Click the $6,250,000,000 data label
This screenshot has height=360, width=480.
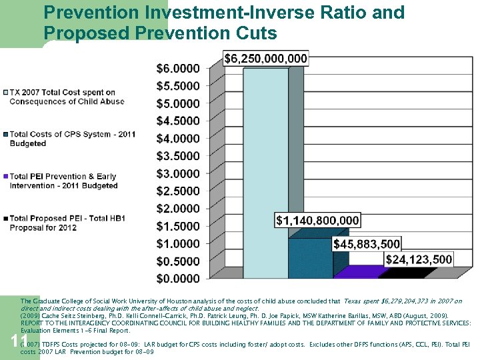(x=265, y=59)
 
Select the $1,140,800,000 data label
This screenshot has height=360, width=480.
(x=317, y=220)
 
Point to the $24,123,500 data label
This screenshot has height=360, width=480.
(x=419, y=259)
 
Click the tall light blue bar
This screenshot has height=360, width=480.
(x=265, y=173)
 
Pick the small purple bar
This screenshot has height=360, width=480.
(x=355, y=272)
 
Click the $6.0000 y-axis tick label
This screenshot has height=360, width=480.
(x=177, y=69)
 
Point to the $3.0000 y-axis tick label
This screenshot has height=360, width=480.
(x=177, y=173)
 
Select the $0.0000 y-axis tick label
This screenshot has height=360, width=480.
(x=177, y=278)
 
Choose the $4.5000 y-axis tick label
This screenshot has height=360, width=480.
(x=177, y=121)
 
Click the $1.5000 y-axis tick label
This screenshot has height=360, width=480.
(x=177, y=226)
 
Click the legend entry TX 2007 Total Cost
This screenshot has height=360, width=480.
(x=67, y=97)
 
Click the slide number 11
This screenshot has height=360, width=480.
(x=19, y=342)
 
